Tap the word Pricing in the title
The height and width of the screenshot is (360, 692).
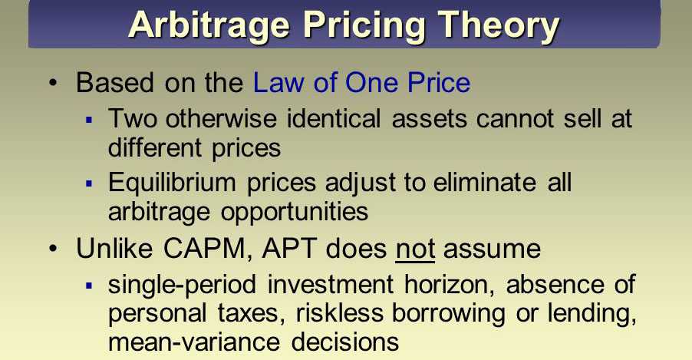[x=363, y=25]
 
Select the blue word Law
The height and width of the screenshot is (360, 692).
[x=279, y=83]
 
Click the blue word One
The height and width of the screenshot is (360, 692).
[x=372, y=83]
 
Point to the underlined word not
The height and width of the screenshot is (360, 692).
[x=415, y=249]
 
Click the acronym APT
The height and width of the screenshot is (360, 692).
[x=289, y=249]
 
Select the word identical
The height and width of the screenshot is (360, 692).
[x=334, y=119]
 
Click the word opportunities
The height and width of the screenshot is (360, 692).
[x=295, y=213]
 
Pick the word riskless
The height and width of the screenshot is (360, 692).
[x=339, y=313]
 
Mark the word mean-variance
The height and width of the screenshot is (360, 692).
[x=194, y=342]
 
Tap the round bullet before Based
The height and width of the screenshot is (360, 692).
[x=54, y=83]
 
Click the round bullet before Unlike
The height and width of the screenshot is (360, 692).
[x=54, y=249]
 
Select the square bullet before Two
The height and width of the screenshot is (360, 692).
[x=90, y=119]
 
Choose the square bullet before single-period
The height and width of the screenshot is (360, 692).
[x=90, y=286]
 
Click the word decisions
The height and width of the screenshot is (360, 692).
[x=345, y=342]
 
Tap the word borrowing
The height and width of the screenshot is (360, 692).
[x=448, y=314]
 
